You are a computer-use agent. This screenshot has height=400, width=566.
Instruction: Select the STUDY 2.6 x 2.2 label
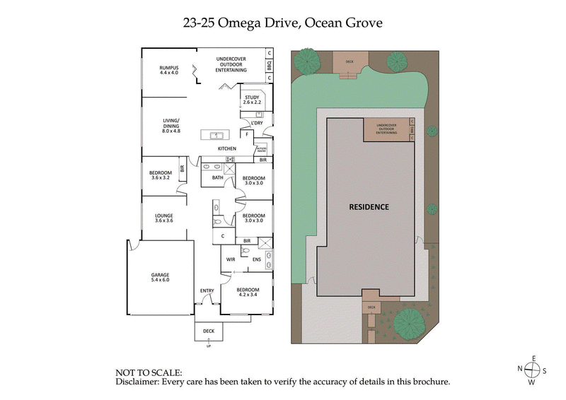tap(253, 100)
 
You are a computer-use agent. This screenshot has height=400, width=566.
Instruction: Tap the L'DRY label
tap(258, 123)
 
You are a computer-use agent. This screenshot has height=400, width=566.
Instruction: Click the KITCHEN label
tap(226, 148)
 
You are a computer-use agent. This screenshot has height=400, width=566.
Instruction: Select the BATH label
tap(218, 177)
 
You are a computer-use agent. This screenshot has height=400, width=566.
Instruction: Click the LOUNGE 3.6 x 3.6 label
tap(164, 218)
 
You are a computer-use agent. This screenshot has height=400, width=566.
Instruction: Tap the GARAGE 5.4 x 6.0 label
tap(160, 277)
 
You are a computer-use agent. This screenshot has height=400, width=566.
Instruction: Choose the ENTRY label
tap(207, 290)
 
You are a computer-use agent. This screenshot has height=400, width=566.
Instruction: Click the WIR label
tap(230, 259)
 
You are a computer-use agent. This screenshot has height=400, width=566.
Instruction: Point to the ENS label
tap(257, 259)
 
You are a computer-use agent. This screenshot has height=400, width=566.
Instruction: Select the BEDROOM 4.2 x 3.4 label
tap(247, 292)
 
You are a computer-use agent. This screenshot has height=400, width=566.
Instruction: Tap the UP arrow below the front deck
tap(208, 343)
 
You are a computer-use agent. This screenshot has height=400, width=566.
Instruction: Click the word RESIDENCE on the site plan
tap(369, 207)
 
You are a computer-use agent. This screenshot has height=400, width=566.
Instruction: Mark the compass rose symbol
tap(531, 370)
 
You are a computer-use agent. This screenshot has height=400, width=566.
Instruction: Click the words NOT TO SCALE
tap(148, 372)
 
